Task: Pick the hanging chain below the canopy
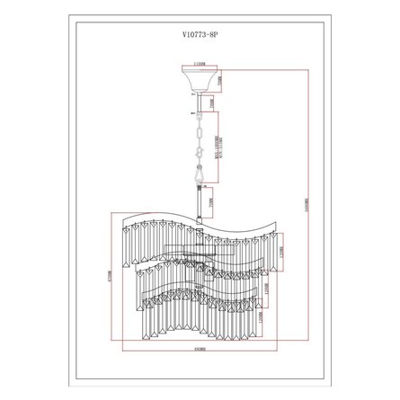pyautogui.click(x=199, y=135)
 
